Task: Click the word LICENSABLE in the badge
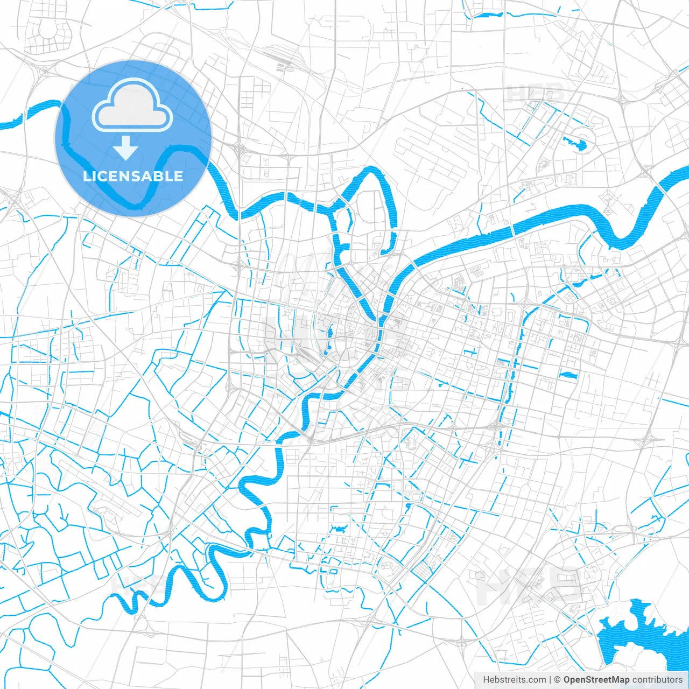click(x=133, y=176)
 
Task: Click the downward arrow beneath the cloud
click(x=126, y=148)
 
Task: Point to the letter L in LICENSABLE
click(x=87, y=176)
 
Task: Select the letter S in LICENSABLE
click(x=136, y=176)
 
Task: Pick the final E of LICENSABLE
click(x=178, y=176)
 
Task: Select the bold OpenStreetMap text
click(x=596, y=680)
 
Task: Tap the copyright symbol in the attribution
click(x=558, y=680)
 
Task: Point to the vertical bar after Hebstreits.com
click(x=551, y=680)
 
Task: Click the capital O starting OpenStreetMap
click(x=567, y=680)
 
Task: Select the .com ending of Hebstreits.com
click(x=537, y=680)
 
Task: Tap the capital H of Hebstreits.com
click(x=486, y=680)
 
